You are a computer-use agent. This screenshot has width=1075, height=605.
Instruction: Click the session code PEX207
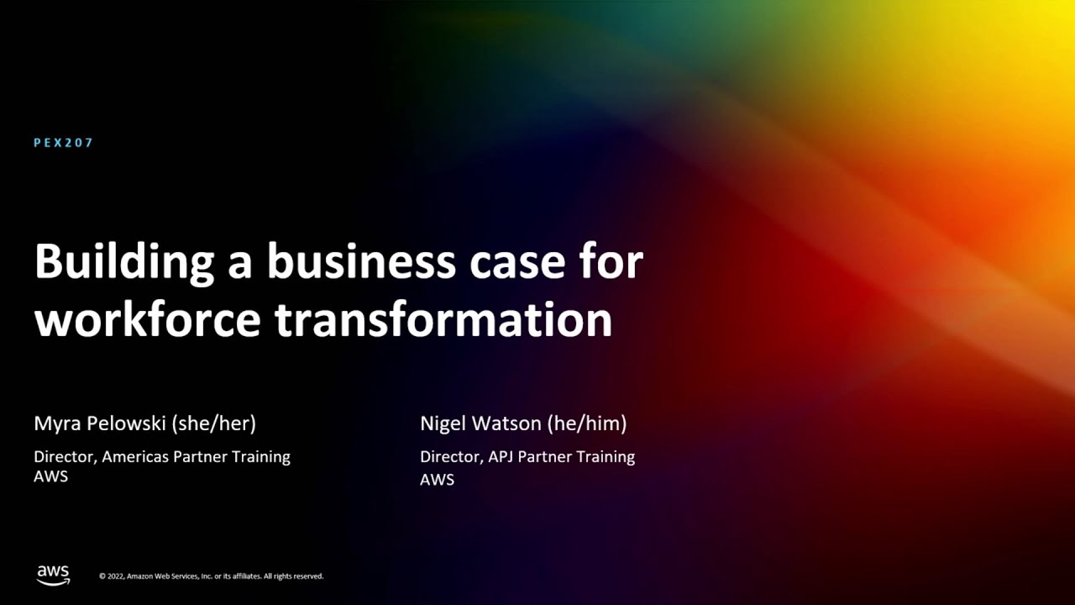coord(64,143)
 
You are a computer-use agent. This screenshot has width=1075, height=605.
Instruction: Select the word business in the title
coord(361,262)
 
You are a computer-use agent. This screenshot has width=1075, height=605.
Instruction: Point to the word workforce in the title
coord(147,321)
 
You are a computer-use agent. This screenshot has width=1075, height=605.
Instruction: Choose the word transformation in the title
coord(443,321)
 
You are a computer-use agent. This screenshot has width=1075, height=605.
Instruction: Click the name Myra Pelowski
coord(100,423)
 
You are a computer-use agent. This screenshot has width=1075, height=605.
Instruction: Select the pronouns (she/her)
coord(213,423)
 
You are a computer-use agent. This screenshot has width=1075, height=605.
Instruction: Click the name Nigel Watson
coord(481,423)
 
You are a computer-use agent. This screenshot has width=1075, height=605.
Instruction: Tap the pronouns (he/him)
coord(587,423)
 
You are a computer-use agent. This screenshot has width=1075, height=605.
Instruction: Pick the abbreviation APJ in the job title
coord(501,457)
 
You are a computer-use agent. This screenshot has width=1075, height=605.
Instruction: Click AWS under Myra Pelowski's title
coord(50,476)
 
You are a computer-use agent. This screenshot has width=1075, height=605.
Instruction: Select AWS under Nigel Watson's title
coord(437,480)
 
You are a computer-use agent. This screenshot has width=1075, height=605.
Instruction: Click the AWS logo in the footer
coord(53,575)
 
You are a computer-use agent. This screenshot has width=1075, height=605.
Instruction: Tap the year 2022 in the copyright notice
coord(116,576)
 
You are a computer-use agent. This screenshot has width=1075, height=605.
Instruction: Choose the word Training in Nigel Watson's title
coord(606,457)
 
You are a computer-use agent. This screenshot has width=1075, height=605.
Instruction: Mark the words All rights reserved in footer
coord(293,576)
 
